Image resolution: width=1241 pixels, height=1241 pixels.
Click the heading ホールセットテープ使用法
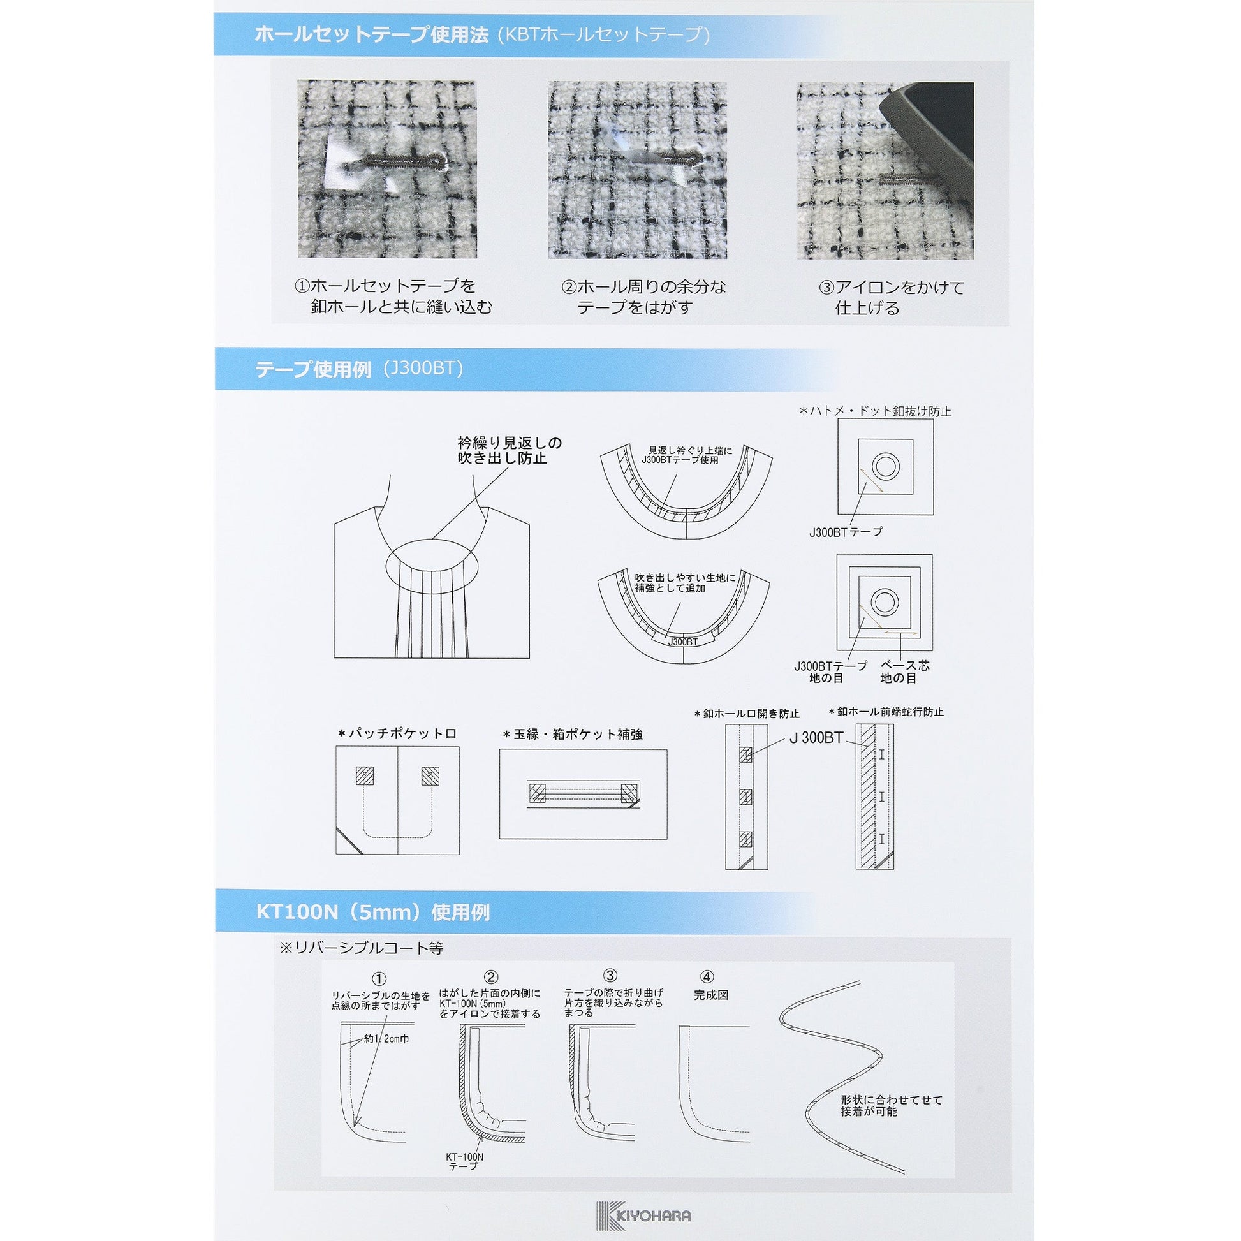(372, 34)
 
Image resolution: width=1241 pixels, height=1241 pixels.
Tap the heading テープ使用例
(314, 369)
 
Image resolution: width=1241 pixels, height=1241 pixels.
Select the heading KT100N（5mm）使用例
(372, 912)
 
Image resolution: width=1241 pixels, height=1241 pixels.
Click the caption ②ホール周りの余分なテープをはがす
(643, 297)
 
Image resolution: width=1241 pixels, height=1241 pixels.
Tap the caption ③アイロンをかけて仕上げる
(892, 297)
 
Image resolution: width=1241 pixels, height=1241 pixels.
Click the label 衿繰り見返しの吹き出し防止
(510, 450)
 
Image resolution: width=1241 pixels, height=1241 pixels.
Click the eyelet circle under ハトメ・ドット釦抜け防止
(886, 466)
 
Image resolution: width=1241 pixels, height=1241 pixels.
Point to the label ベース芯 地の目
(904, 672)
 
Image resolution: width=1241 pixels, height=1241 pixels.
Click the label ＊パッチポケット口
(397, 733)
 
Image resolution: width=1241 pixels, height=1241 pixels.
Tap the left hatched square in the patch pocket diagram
(364, 777)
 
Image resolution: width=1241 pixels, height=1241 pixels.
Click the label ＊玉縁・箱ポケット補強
(573, 734)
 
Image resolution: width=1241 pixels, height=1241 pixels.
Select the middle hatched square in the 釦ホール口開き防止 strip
(745, 797)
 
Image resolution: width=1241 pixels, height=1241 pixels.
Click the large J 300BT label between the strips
(816, 738)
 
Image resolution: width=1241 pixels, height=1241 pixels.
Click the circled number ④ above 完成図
(707, 977)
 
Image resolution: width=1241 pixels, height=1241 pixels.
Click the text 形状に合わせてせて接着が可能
(892, 1105)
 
